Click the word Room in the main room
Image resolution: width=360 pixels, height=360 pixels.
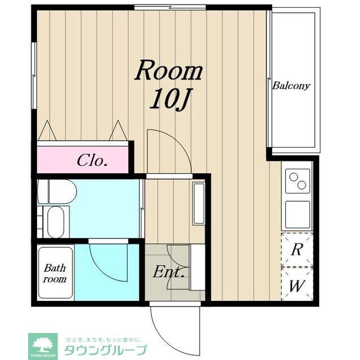coord(169,72)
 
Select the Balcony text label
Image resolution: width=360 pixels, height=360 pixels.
coord(291,86)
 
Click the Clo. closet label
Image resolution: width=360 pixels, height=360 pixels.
coord(92,161)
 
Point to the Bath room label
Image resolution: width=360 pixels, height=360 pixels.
coord(55,273)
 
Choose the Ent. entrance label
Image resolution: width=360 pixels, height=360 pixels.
coord(169,274)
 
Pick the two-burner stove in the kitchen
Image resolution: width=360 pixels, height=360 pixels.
coord(297,181)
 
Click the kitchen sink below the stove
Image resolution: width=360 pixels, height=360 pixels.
coord(297,213)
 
